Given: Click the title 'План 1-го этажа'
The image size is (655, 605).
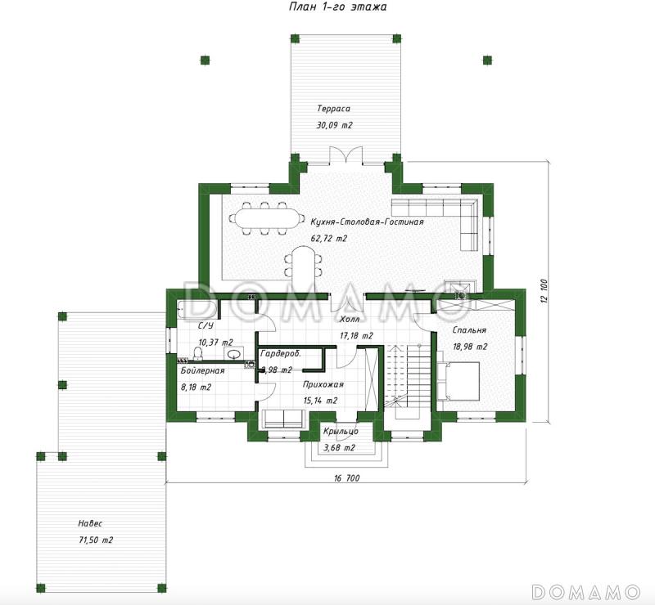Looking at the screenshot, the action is (x=338, y=7).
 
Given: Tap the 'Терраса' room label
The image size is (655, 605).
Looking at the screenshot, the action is (x=333, y=109).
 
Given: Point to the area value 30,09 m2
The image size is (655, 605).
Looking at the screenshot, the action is (x=334, y=125).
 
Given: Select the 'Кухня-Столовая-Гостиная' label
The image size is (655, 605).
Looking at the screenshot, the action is (x=367, y=222).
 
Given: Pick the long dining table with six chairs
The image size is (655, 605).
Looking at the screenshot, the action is (x=263, y=218).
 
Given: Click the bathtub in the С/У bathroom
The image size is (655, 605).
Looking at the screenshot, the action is (x=197, y=309).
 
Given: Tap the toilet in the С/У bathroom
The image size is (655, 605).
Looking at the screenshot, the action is (x=198, y=353).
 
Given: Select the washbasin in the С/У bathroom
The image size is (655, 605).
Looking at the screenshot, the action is (x=234, y=354).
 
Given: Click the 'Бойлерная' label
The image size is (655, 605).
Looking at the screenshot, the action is (x=202, y=370).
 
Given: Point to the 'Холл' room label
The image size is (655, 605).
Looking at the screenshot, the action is (x=350, y=320).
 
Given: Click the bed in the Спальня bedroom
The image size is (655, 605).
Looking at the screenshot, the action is (x=458, y=381).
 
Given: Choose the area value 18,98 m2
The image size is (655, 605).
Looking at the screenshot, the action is (x=470, y=347).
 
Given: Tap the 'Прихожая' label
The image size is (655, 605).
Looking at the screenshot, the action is (x=323, y=384).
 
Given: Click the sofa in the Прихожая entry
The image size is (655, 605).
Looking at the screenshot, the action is (x=283, y=419).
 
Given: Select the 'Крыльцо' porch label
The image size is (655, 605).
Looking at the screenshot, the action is (x=341, y=432).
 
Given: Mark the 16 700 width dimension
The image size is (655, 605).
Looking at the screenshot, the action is (x=346, y=478).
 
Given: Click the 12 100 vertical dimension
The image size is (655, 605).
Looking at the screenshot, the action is (x=544, y=291).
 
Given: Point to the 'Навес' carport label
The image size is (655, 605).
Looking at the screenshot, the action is (x=90, y=523).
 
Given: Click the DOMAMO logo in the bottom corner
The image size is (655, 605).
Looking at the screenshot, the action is (x=586, y=591).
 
